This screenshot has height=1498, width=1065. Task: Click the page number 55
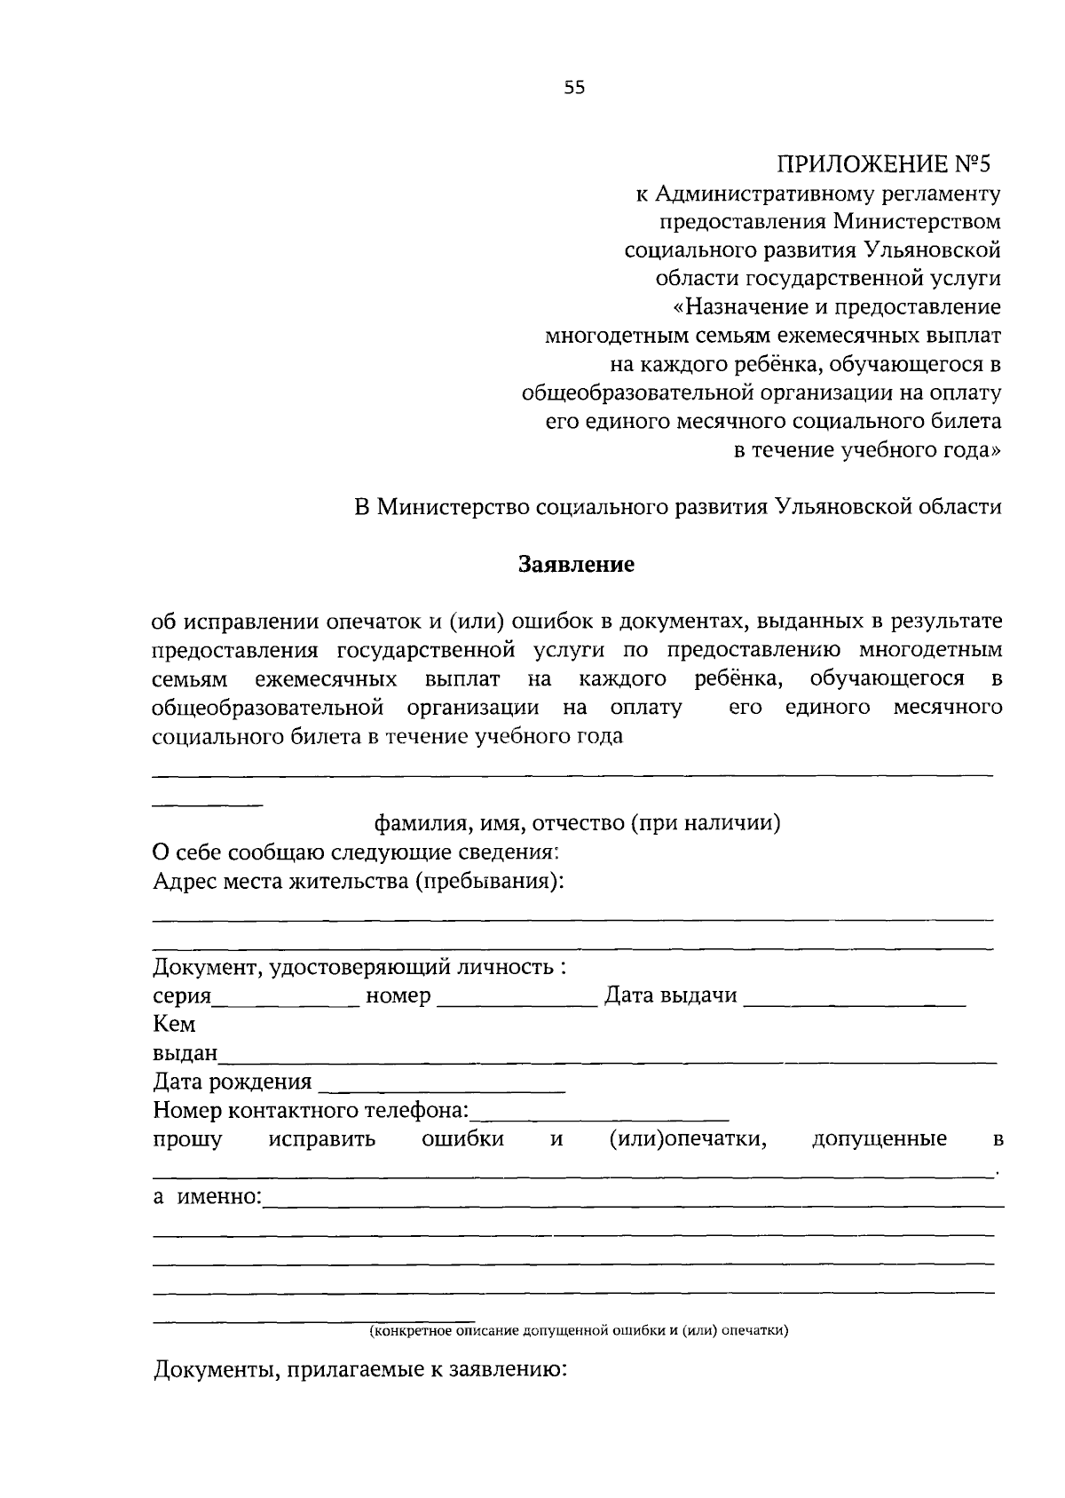click(574, 87)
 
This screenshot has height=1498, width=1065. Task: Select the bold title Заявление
click(576, 565)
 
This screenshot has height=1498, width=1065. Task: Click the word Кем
click(174, 1025)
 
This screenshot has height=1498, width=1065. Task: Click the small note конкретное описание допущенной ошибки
click(579, 1330)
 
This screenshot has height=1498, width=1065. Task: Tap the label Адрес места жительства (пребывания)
click(359, 882)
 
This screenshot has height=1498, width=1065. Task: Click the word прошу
click(187, 1139)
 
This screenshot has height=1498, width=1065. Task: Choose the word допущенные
click(879, 1139)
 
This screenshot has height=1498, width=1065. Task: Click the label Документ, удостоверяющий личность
click(359, 967)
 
